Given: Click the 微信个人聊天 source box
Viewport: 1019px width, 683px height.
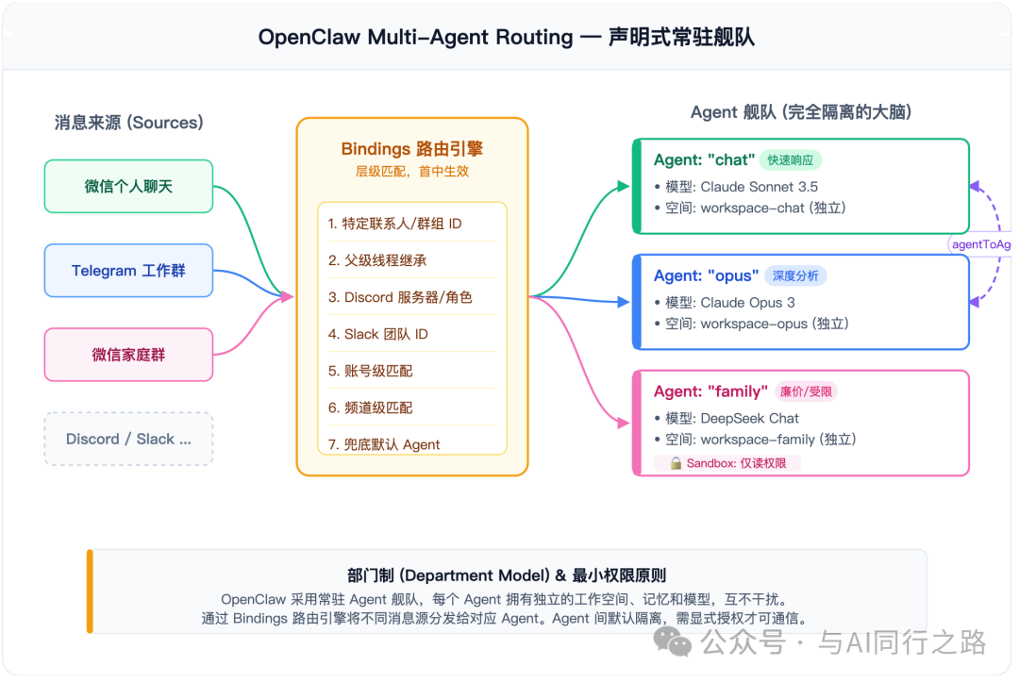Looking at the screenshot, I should (128, 186).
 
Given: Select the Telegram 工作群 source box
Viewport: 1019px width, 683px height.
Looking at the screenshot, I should (128, 271).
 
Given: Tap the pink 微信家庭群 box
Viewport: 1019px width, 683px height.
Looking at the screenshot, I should (128, 355).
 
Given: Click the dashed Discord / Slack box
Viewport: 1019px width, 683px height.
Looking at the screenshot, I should (128, 439).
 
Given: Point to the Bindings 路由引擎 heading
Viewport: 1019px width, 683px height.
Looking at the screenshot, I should (412, 149).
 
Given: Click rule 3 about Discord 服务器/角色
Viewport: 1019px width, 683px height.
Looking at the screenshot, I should (400, 297).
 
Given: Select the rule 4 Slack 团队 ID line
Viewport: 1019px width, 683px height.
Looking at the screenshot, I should (378, 334).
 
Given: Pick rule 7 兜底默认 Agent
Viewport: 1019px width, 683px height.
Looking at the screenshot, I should (384, 444).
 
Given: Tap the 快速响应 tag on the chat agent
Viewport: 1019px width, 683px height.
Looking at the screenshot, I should (791, 160).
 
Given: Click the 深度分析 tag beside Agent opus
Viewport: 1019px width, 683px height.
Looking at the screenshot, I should (796, 276).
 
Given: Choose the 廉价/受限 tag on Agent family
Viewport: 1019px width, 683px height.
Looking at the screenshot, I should (806, 391).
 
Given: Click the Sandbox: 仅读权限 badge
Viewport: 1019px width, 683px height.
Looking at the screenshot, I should (734, 463).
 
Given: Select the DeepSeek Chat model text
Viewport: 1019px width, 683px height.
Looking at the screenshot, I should (750, 418).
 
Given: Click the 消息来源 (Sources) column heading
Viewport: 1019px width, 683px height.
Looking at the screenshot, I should (128, 123).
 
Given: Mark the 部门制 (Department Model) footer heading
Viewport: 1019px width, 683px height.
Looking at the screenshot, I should (508, 575).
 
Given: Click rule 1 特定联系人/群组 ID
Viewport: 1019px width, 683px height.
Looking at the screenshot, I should (394, 224).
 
